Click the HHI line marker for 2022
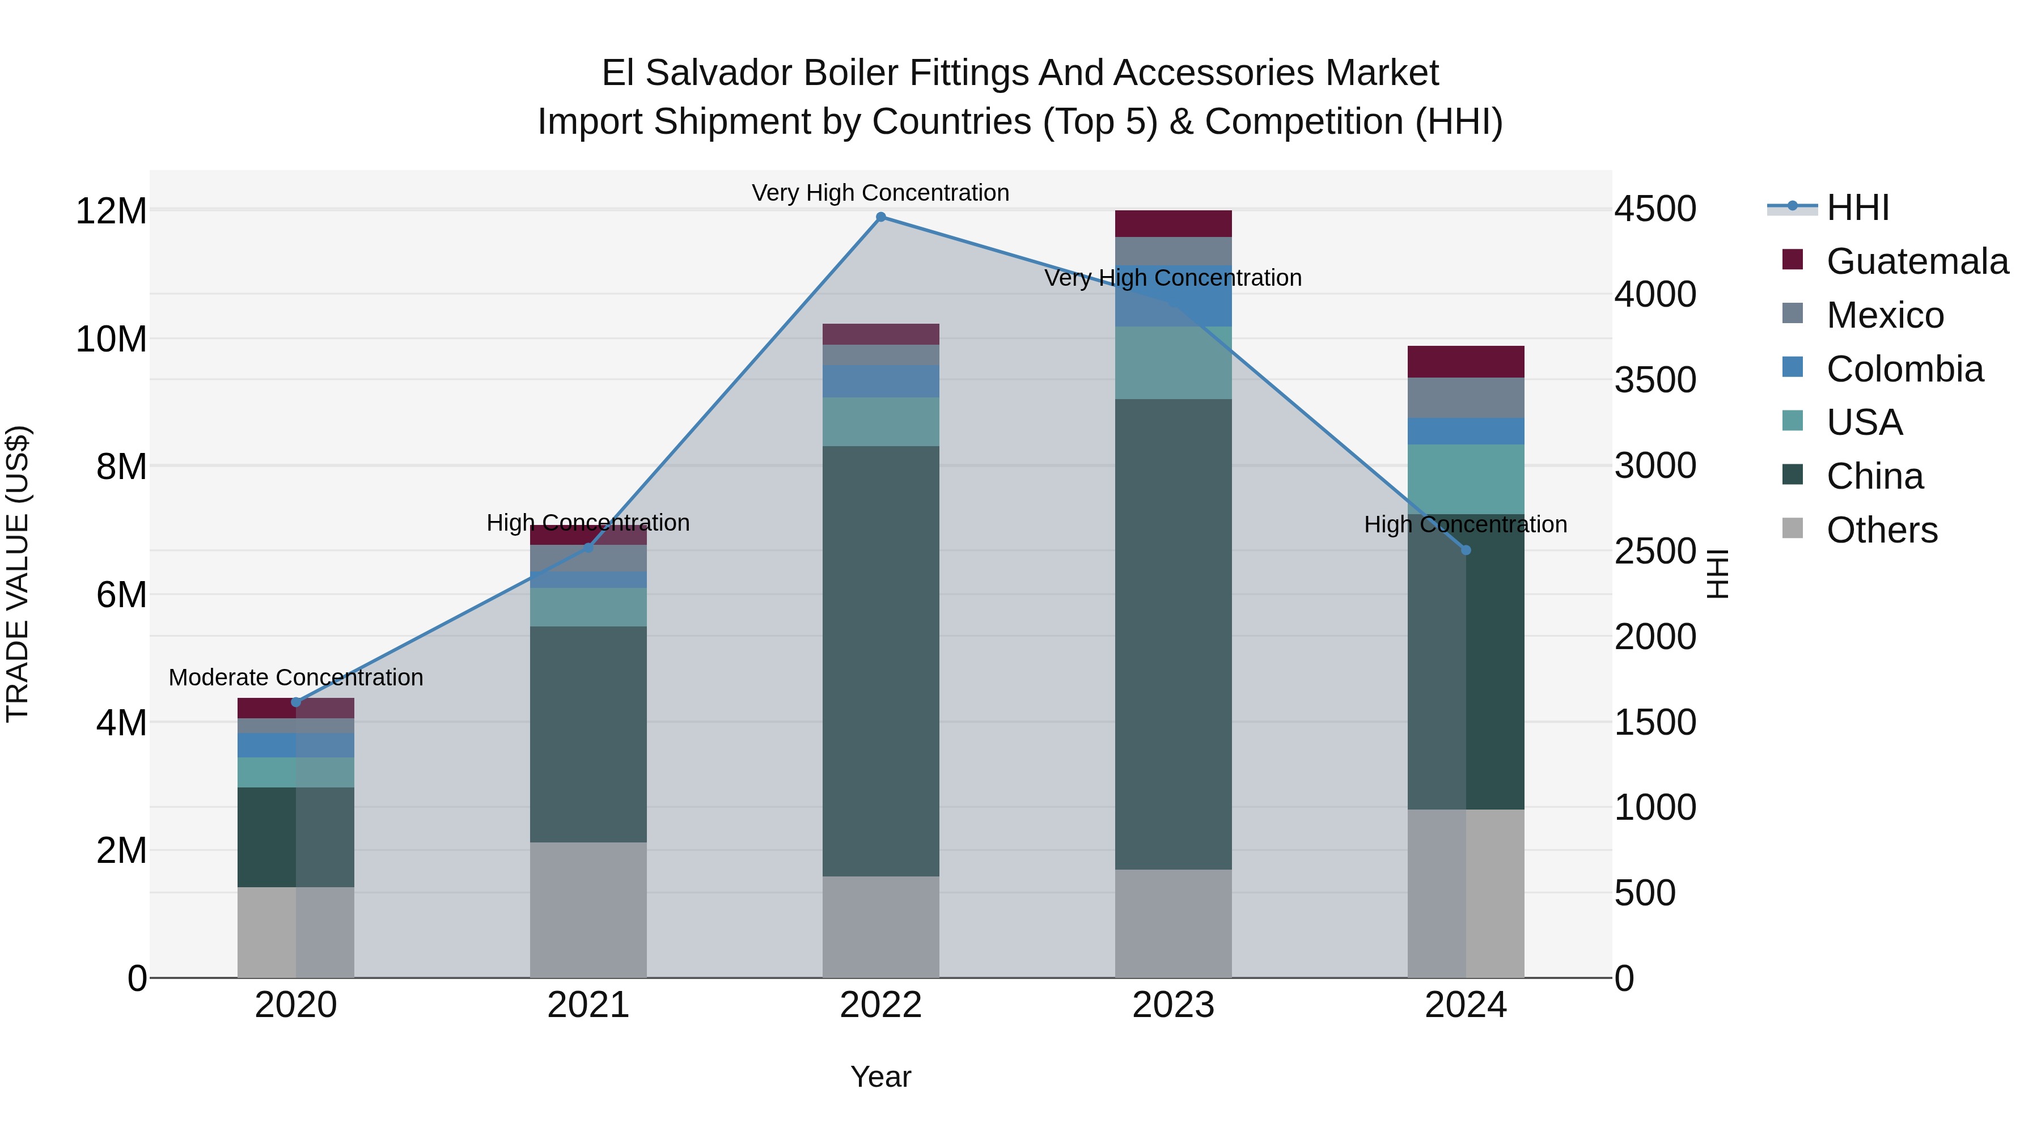click(880, 217)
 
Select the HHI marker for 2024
click(1466, 550)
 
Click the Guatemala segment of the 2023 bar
click(1174, 223)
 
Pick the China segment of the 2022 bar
click(880, 661)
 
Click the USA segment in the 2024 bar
click(1466, 478)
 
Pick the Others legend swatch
click(1792, 528)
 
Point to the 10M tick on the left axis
click(111, 339)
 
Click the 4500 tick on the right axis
click(1655, 209)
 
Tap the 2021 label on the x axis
click(588, 1005)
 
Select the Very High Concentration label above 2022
click(880, 193)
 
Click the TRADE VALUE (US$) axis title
click(18, 574)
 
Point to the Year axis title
click(880, 1077)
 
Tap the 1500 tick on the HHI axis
click(1655, 722)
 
